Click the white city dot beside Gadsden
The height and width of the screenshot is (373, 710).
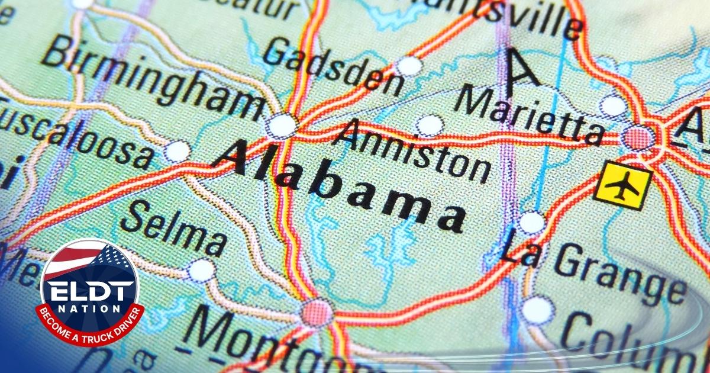point(409,66)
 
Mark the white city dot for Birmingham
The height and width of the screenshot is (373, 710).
point(280,126)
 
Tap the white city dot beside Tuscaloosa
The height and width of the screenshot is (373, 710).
point(177,152)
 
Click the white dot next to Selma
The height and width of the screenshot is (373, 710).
point(201,270)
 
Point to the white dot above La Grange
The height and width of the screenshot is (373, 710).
point(531,223)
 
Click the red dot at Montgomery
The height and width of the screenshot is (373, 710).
point(316,311)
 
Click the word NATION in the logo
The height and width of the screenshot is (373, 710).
point(89,310)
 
